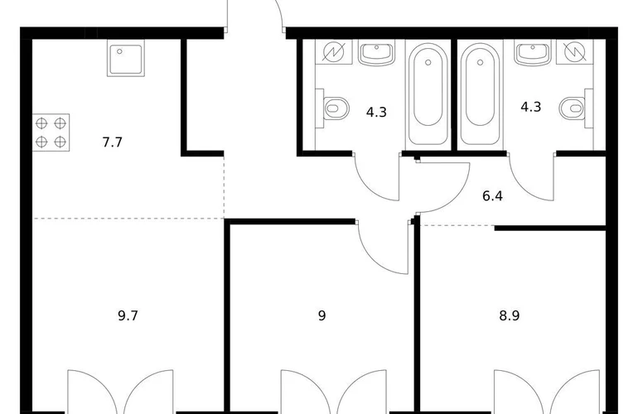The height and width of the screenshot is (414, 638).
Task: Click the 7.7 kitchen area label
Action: point(112,142)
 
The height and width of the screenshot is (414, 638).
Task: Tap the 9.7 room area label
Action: point(128,315)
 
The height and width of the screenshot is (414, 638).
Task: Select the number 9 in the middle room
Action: point(321,315)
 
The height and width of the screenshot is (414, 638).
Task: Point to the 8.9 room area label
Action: point(510,315)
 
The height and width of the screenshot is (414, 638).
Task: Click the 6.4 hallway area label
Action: point(492,196)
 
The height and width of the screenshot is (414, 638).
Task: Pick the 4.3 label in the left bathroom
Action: point(376,112)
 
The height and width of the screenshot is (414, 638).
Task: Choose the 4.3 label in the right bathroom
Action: point(531,107)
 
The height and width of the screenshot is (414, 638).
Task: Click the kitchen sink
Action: point(126,58)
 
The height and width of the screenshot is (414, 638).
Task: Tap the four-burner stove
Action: point(51,132)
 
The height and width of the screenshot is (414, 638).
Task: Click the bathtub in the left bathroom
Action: point(428,94)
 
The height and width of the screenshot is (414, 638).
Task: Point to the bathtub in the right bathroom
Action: point(480,94)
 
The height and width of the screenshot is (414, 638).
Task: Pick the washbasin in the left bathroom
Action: point(376,53)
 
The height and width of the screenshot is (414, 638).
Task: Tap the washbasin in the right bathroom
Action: point(533,53)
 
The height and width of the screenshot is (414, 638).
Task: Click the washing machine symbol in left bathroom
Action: point(334,52)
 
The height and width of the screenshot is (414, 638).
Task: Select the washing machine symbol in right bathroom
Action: point(575,52)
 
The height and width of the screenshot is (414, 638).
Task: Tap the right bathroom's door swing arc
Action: point(524,187)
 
